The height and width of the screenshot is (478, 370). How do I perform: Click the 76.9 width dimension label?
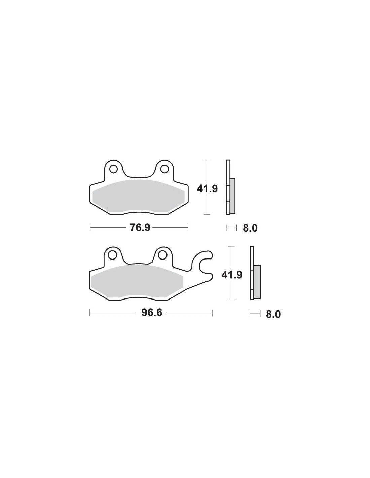140,228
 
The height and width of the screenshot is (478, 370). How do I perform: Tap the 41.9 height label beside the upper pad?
207,189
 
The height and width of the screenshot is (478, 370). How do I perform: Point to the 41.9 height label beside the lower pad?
232,275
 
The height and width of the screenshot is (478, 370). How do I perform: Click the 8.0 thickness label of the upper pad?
250,228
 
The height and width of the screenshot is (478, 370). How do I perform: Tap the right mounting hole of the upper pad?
164,169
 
